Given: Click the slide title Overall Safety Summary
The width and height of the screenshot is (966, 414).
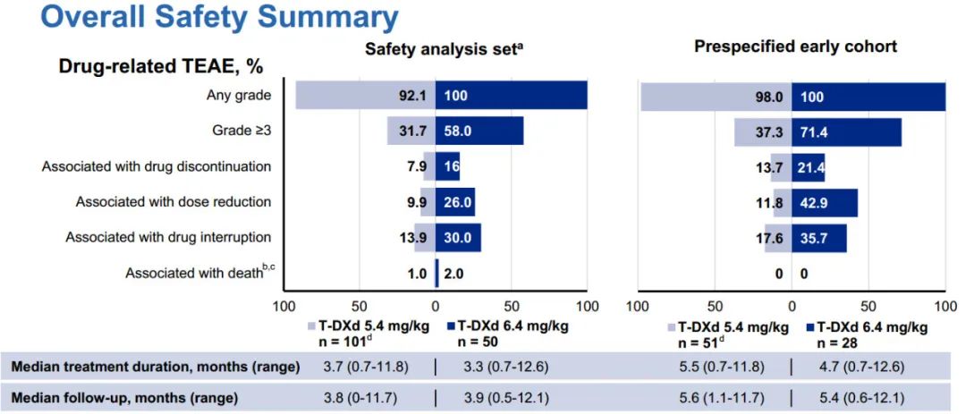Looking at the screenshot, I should (207, 17).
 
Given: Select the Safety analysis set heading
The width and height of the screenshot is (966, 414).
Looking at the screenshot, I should (443, 49).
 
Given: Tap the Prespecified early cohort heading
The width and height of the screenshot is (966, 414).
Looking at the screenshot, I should (795, 46).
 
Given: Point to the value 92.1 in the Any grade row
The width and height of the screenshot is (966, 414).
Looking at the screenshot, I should (415, 96).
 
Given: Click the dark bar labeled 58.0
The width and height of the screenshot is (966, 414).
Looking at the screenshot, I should (479, 131).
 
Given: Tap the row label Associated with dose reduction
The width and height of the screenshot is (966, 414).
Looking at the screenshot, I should (174, 202).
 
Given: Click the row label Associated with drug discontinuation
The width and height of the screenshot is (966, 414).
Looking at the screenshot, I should (157, 166).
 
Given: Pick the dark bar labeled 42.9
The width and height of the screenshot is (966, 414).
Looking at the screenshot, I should (825, 203).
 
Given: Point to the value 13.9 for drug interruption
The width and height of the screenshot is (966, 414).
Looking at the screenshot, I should (415, 238).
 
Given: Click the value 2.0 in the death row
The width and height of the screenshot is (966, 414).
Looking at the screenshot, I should (453, 274).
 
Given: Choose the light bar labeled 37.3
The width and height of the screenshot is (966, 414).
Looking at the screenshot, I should (763, 131).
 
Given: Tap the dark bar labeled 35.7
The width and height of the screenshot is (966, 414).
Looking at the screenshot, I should (819, 238).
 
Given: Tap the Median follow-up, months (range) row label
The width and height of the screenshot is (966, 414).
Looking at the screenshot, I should (124, 396).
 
